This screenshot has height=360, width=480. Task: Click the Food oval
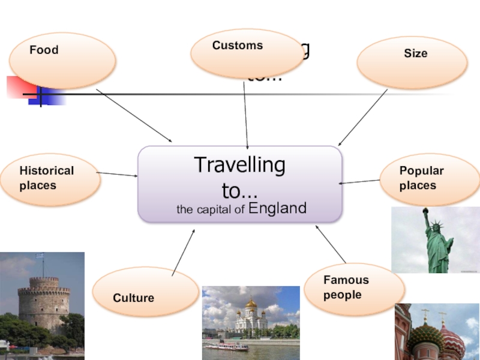(x=62, y=61)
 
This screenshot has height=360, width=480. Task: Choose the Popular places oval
(x=429, y=179)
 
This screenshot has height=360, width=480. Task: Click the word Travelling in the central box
(x=239, y=166)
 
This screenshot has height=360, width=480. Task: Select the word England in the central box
(x=277, y=208)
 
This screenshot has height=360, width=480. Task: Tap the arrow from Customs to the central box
(x=245, y=114)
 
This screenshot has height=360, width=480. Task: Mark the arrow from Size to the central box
(x=362, y=118)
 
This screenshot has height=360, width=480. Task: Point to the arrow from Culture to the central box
(x=184, y=253)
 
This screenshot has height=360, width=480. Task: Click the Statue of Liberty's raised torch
(x=425, y=211)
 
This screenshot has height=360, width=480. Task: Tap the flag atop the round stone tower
(x=41, y=256)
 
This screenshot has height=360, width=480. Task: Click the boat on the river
(x=226, y=346)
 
